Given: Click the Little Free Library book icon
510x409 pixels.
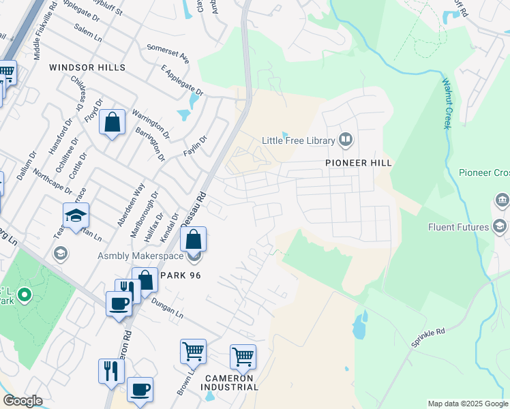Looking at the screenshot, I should (346, 140).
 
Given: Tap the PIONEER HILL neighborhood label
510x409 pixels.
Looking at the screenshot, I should (358, 163).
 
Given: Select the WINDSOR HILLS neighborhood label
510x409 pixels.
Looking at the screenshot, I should (87, 67).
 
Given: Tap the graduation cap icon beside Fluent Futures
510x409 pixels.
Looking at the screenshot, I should (500, 227).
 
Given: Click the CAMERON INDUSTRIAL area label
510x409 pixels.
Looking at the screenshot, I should (230, 382).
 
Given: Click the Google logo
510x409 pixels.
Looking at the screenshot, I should (22, 400).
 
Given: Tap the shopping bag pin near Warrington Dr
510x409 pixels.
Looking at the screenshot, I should (112, 123).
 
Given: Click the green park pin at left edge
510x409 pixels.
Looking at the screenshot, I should (25, 295).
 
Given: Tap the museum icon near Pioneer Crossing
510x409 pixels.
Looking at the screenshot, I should (501, 200).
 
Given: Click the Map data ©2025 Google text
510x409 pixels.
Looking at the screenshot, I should (466, 404).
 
